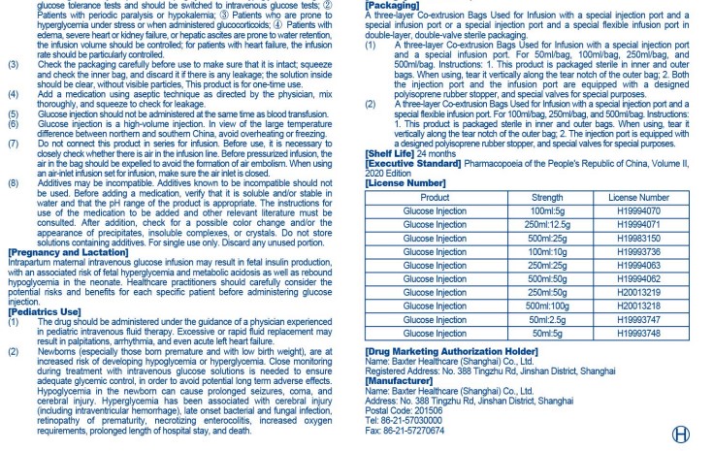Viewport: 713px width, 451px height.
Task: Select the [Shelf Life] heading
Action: [x=390, y=152]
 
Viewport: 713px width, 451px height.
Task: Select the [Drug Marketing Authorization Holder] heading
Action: [x=450, y=351]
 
